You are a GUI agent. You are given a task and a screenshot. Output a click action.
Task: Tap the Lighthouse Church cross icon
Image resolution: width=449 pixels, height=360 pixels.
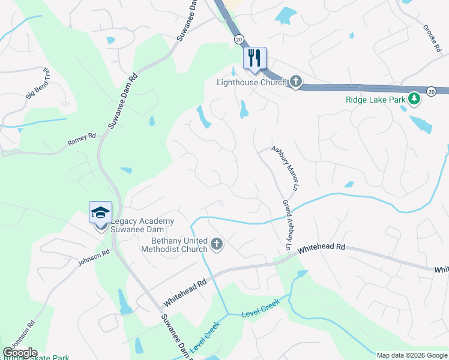(x=295, y=81)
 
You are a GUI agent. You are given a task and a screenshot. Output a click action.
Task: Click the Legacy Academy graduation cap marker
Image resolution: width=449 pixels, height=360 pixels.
(x=100, y=212)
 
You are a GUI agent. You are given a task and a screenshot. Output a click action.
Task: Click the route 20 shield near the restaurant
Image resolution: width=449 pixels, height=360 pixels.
(x=238, y=38)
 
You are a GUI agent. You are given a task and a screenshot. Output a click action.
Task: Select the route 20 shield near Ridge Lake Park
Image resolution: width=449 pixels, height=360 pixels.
(x=431, y=91)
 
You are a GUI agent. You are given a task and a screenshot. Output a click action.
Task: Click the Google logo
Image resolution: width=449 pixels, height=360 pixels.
(x=20, y=353)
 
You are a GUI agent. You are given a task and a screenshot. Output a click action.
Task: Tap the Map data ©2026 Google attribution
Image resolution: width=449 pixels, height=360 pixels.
(x=411, y=355)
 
